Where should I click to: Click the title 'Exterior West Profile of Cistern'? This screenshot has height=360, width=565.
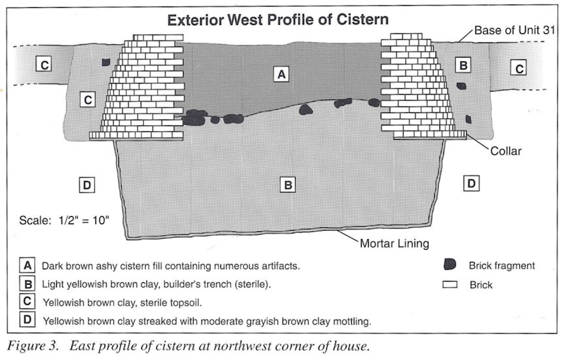tap(278, 20)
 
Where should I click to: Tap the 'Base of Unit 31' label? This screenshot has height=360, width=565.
tap(515, 30)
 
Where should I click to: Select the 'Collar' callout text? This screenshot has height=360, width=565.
tap(506, 151)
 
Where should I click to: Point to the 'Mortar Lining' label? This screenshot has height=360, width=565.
tap(394, 244)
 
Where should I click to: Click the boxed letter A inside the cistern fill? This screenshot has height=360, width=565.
tap(281, 74)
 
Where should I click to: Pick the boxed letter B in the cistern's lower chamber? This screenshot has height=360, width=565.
tap(288, 185)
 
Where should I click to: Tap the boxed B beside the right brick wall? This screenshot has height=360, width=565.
tap(463, 65)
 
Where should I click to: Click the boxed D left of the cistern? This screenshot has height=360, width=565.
tap(87, 185)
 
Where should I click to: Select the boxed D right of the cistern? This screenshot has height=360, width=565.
tap(471, 184)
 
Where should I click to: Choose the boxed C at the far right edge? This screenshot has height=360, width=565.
tap(519, 68)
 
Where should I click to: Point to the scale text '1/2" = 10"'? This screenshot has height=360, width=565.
tap(84, 220)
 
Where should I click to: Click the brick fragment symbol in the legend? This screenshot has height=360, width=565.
tap(450, 265)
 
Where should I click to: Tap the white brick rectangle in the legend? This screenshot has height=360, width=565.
tap(450, 285)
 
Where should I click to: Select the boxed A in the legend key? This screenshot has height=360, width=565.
tap(27, 266)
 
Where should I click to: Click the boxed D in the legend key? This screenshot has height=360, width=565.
tap(27, 319)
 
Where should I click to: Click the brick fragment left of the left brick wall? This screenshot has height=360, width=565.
tap(105, 62)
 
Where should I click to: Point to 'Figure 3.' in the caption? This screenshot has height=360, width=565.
tap(33, 346)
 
